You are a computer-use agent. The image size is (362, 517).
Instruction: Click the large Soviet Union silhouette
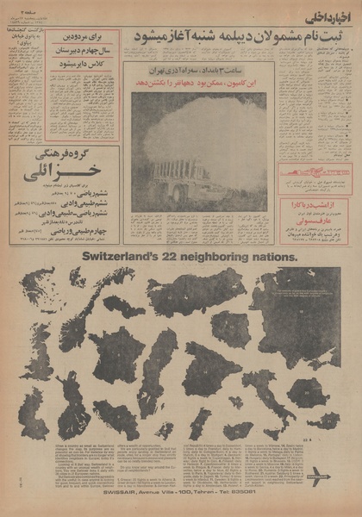(297, 297)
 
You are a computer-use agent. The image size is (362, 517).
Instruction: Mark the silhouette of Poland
(231, 326)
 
